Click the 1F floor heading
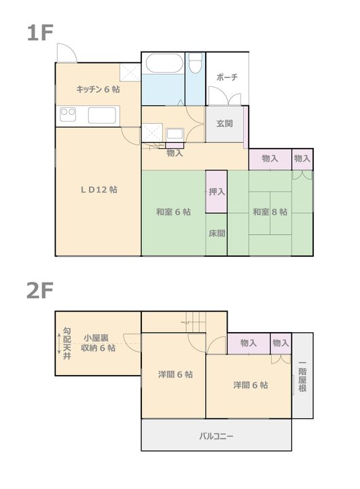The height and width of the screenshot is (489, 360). click(40, 33)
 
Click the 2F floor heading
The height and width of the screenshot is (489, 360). click(40, 291)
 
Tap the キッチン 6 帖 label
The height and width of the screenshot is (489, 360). click(98, 90)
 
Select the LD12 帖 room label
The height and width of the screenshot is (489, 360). click(99, 189)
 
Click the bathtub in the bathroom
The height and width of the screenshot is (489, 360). click(164, 63)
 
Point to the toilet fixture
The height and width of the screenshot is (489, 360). click(196, 63)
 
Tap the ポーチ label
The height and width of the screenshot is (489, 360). click(227, 77)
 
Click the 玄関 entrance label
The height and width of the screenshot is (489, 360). click(225, 124)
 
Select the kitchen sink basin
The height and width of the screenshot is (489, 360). click(102, 115)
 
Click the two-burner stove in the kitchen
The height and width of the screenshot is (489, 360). click(68, 115)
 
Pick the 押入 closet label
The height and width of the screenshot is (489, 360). click(217, 192)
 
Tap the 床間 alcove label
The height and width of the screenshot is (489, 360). click(217, 233)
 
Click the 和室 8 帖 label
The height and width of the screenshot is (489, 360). click(270, 212)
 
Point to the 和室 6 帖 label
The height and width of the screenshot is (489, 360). click(173, 212)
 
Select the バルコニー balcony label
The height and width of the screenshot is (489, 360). click(216, 435)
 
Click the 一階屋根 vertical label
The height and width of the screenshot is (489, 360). click(302, 376)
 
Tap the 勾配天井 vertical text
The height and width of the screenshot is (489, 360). click(67, 344)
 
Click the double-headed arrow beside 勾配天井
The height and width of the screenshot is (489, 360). click(59, 344)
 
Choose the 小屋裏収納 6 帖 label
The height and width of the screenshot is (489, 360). click(98, 343)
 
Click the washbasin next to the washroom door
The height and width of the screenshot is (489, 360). click(175, 134)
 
